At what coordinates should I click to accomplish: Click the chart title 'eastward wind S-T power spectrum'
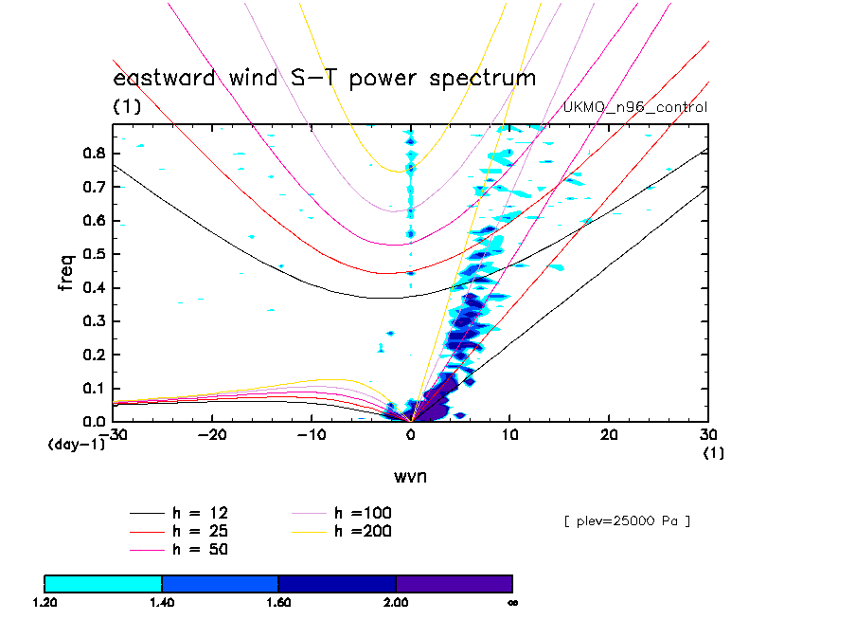point(325,78)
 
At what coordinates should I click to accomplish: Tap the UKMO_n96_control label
point(635,107)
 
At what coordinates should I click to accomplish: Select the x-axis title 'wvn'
point(410,476)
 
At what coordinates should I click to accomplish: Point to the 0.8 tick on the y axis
point(94,154)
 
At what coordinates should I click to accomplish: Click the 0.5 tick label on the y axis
point(94,254)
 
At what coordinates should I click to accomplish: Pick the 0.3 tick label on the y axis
point(94,321)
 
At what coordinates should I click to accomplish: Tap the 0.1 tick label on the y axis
point(94,388)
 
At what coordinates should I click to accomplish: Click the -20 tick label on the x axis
point(210,433)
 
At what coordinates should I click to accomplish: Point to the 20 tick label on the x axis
point(609,433)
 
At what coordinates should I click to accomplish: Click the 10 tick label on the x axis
point(509,433)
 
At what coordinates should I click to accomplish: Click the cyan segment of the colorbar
point(103,583)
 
